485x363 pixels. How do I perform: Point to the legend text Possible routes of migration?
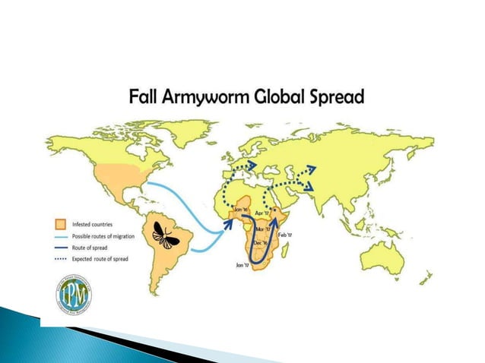[103, 236]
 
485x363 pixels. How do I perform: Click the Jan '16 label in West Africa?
[242, 210]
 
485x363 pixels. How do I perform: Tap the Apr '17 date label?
[264, 213]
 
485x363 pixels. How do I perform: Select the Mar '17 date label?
[263, 228]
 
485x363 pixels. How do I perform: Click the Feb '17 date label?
[285, 236]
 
